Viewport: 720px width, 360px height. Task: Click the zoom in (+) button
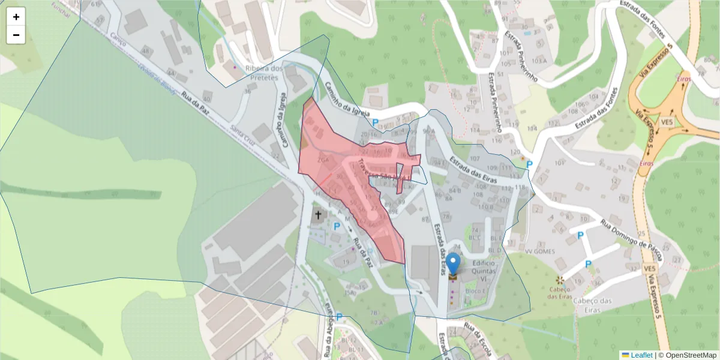16,17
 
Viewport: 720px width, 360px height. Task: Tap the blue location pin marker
453,265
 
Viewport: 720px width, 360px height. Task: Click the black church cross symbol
318,215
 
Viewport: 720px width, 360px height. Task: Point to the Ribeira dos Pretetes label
264,73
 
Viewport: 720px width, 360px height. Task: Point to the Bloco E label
475,290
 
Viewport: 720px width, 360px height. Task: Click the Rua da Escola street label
477,339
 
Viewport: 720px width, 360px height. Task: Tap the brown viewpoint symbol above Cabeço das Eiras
560,280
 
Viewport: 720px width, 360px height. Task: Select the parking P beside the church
337,227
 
